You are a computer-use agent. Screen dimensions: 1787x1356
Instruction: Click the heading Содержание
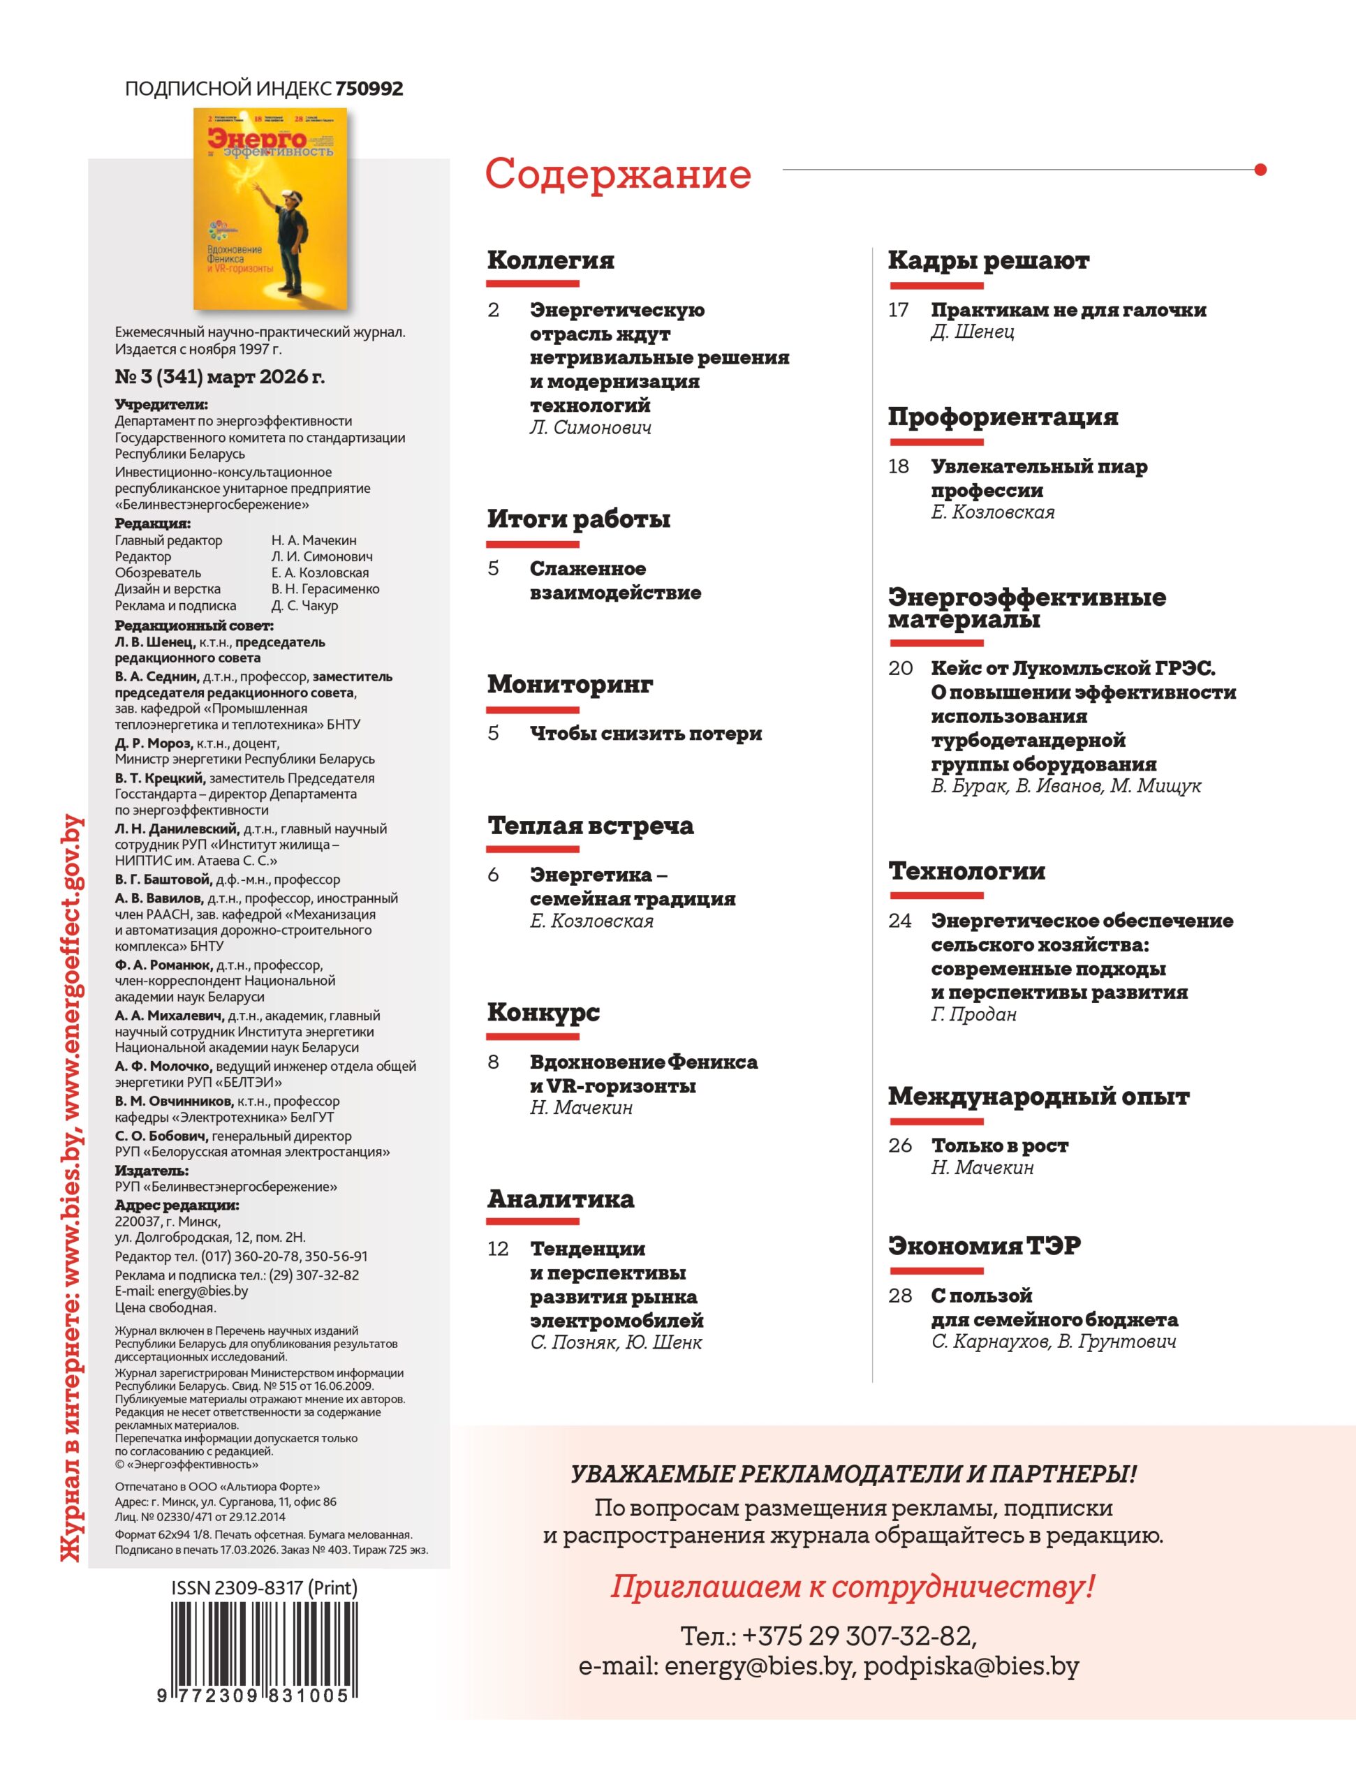point(617,174)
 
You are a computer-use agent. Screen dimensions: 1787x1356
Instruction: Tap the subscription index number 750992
point(369,89)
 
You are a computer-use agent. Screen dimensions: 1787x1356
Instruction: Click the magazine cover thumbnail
point(270,209)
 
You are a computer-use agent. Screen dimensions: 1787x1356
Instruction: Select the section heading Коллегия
point(550,260)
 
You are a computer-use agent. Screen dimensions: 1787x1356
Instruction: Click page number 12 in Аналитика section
point(498,1248)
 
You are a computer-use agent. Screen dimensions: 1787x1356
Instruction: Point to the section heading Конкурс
point(543,1012)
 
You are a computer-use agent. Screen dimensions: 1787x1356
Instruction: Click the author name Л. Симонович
point(590,427)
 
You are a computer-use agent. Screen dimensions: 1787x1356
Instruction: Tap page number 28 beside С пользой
point(899,1295)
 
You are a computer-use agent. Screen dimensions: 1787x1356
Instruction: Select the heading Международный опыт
point(1038,1096)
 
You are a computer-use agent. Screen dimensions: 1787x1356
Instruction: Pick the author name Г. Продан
point(973,1014)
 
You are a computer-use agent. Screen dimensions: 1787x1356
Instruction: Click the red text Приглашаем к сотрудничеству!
point(852,1586)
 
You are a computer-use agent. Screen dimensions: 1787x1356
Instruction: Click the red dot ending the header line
point(1260,170)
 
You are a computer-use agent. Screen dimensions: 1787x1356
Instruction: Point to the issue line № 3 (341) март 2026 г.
point(219,376)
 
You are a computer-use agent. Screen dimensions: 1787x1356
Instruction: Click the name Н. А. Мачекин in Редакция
point(314,540)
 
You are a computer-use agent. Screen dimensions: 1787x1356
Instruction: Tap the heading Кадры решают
point(987,260)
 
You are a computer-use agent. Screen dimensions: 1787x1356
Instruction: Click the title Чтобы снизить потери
point(646,734)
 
